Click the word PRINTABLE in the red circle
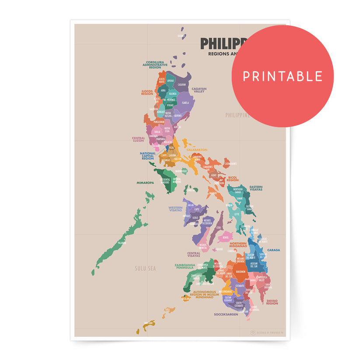283,77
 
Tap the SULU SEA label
145,268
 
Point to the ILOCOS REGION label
147,93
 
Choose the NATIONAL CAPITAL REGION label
148,156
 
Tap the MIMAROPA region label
145,183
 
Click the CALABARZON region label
197,150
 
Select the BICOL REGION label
233,179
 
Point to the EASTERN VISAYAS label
256,189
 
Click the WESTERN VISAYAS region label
175,209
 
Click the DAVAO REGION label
272,302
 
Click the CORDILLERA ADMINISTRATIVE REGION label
155,65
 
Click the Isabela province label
185,103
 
